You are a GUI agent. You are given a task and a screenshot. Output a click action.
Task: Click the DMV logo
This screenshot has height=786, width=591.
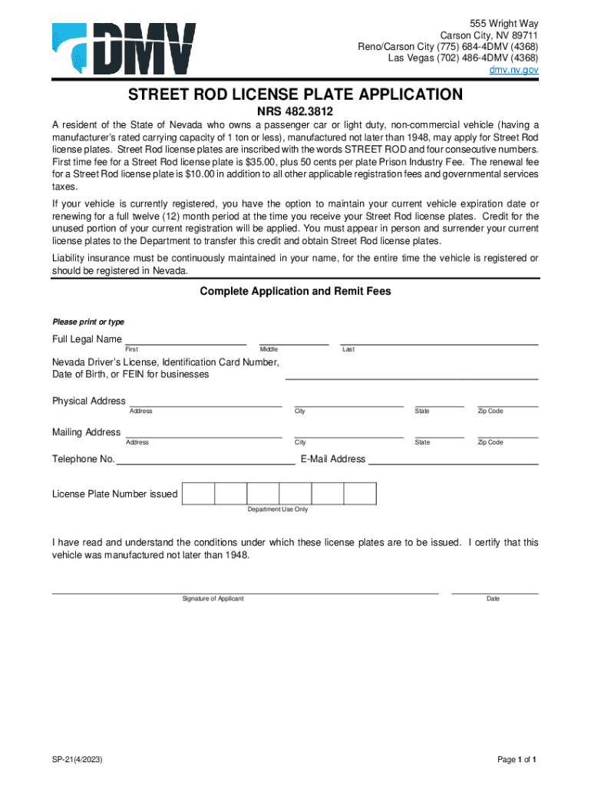pos(124,48)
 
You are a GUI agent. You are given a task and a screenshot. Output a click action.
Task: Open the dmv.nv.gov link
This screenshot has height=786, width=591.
pos(514,70)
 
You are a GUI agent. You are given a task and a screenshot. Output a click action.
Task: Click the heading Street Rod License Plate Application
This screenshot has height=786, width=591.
pos(295,94)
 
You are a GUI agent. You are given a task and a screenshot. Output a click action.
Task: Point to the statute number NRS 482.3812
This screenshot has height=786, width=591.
pos(295,112)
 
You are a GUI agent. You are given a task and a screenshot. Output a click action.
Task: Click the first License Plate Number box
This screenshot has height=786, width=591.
pos(198,494)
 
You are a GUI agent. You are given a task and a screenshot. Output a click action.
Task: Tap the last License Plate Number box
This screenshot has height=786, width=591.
pos(360,494)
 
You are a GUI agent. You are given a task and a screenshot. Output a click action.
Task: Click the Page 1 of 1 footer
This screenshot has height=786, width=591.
pos(517,760)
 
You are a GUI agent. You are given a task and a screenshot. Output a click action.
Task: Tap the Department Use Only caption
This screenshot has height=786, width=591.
pos(277,510)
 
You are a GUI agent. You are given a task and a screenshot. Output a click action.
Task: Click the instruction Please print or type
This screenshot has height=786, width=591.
pos(87,322)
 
